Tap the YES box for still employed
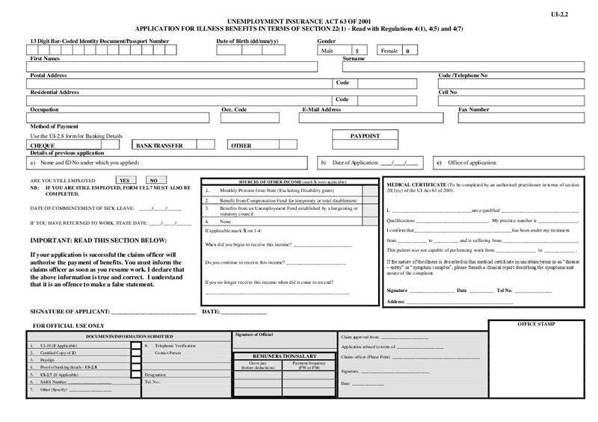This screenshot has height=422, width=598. point(126,181)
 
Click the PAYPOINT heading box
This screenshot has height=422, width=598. point(365,136)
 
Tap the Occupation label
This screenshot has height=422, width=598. point(44,110)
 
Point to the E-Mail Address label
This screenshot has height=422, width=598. point(321,110)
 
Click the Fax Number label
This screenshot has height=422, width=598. point(474,110)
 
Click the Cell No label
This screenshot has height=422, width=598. point(448,92)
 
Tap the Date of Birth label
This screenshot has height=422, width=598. point(247,40)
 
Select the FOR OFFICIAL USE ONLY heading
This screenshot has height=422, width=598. point(70,326)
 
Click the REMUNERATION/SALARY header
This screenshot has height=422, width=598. point(284,356)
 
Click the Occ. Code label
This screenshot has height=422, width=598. point(234,110)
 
